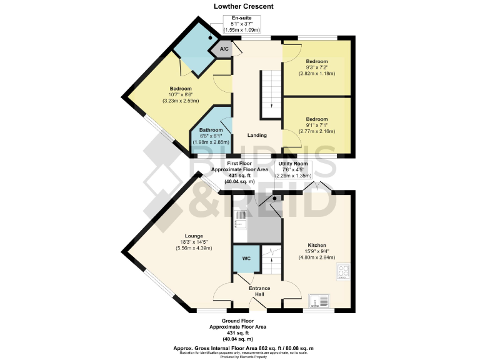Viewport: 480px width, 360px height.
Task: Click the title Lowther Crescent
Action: point(242,6)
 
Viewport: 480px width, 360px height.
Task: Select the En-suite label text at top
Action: point(242,17)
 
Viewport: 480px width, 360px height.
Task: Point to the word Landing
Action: point(257,135)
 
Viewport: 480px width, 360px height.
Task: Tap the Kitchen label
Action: point(317,245)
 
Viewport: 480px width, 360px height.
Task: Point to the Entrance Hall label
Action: point(260,292)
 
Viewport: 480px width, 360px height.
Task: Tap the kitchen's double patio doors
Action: point(318,187)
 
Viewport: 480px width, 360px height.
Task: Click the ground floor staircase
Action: point(271,256)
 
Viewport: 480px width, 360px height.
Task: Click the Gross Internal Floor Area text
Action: point(243,347)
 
